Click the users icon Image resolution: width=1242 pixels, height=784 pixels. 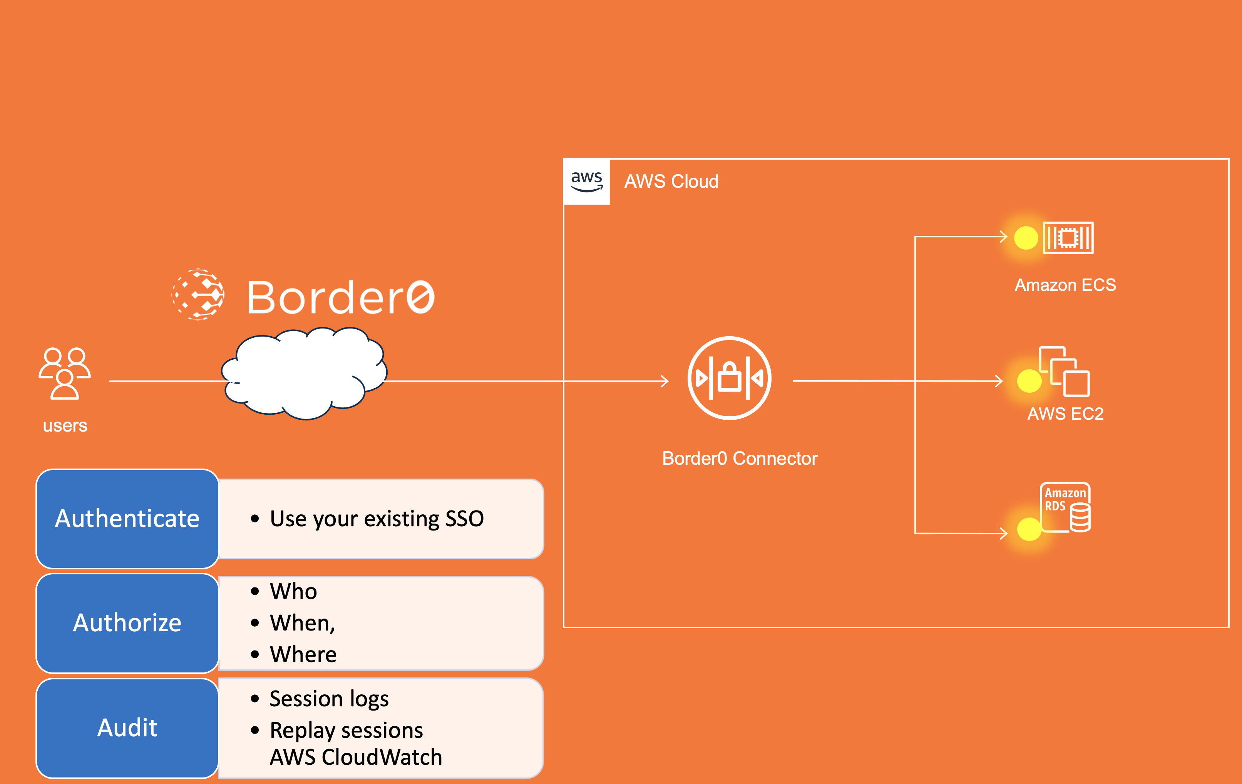click(x=64, y=373)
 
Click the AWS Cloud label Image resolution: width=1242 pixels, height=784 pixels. click(x=671, y=182)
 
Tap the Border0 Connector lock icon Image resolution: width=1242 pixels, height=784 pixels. click(x=729, y=378)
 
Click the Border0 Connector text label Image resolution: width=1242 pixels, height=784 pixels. click(x=740, y=458)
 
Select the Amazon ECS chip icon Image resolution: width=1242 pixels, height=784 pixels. click(x=1068, y=238)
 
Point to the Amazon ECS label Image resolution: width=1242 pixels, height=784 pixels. click(x=1065, y=285)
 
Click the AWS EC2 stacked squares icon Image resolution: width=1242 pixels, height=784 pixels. click(x=1064, y=371)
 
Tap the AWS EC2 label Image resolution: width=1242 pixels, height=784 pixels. click(x=1065, y=414)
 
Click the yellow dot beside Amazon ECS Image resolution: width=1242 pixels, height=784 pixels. click(x=1026, y=238)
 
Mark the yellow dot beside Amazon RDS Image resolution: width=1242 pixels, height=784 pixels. click(x=1029, y=529)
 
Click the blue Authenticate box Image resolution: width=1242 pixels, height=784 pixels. click(x=127, y=519)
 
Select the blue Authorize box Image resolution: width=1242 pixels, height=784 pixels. click(x=127, y=623)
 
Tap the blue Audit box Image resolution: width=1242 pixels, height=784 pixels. click(x=127, y=728)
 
